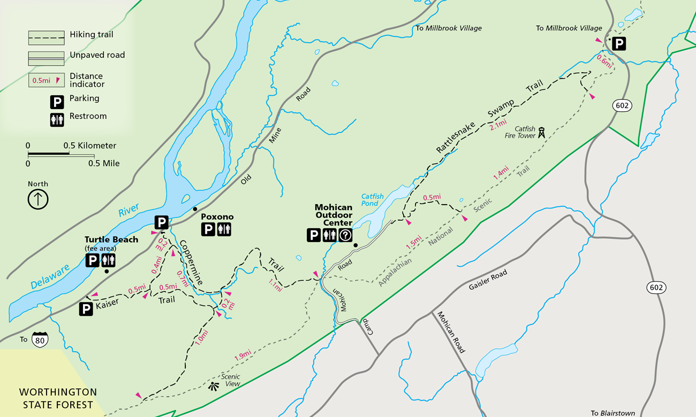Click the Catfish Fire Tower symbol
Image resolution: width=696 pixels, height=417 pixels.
541,133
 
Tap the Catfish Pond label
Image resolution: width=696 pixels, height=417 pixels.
372,200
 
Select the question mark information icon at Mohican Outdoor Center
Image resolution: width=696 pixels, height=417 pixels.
345,235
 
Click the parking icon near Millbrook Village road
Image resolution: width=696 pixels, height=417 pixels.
618,43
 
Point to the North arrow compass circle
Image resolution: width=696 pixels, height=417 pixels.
38,199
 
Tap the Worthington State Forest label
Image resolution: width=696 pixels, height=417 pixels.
58,398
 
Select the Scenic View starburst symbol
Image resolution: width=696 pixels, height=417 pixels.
214,386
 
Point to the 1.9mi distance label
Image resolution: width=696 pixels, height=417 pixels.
243,355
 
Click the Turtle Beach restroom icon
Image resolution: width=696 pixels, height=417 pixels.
109,260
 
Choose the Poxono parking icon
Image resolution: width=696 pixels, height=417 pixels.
208,230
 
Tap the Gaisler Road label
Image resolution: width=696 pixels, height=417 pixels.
488,280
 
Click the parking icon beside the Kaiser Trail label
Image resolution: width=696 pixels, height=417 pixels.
86,308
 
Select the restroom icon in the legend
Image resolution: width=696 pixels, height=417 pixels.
57,119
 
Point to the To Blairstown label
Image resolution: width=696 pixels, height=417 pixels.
613,413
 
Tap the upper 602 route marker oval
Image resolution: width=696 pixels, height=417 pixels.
622,105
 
